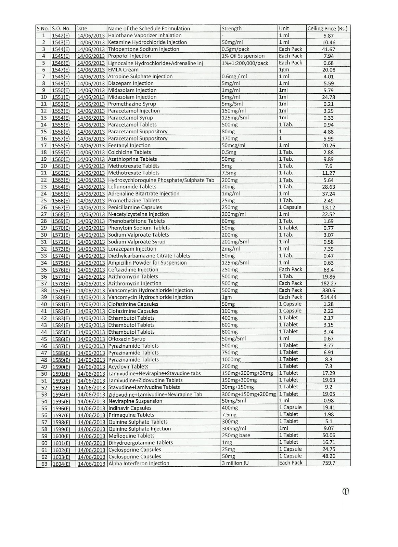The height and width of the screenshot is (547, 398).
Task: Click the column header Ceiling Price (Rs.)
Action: pos(328,29)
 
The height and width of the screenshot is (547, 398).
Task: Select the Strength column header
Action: pos(232,29)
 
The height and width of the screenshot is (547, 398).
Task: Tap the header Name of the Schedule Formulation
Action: pos(149,29)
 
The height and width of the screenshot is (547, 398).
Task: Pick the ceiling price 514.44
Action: pos(329,297)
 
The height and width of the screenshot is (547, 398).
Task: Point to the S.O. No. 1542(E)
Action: pos(61,36)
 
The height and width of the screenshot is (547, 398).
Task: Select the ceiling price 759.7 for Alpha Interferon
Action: pos(329,464)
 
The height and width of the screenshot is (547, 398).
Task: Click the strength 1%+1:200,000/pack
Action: pos(245,63)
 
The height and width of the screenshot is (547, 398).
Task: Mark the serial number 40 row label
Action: pos(44,304)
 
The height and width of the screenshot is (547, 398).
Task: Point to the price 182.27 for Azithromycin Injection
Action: pos(329,283)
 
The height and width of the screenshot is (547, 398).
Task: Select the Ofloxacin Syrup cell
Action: pos(127,339)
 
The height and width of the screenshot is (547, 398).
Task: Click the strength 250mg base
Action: pos(236,436)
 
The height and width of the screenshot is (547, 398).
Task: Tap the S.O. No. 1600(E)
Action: pos(61,436)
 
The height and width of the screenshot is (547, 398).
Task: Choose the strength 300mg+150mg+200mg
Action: pos(248,395)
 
